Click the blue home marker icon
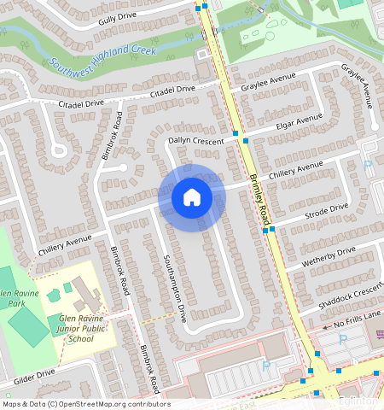click(x=192, y=198)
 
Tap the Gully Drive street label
click(x=118, y=17)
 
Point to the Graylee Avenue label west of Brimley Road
click(x=268, y=82)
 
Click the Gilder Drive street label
click(x=34, y=374)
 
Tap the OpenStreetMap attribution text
click(x=85, y=404)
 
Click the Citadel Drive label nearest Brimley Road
click(x=173, y=89)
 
